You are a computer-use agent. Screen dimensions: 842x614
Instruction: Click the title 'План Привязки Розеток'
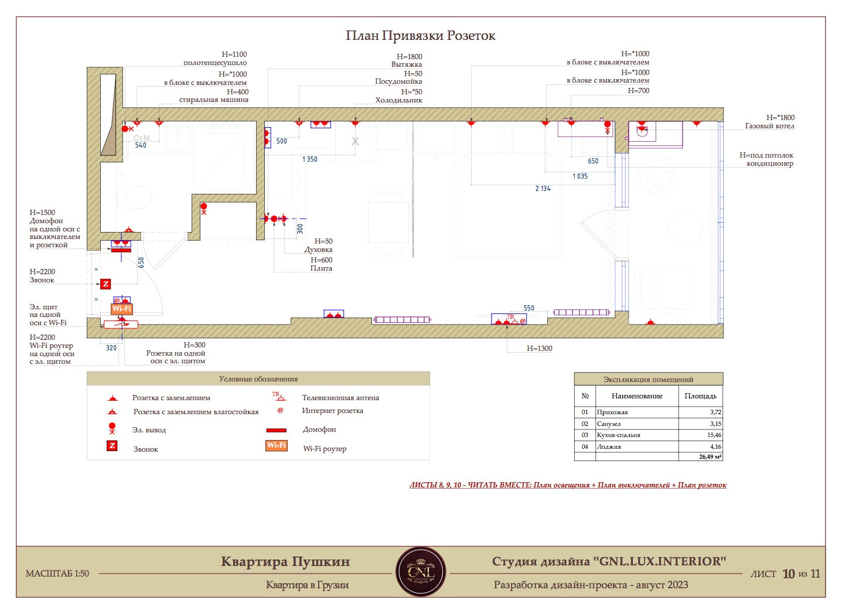click(x=420, y=36)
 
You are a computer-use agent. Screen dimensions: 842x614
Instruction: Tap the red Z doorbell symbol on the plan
click(x=105, y=284)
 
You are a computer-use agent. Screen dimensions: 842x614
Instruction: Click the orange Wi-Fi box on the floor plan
click(x=122, y=309)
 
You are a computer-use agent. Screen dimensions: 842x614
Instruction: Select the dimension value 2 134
click(x=543, y=189)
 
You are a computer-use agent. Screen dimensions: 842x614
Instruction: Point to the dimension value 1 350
click(x=310, y=159)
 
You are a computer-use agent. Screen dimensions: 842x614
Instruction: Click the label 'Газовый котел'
click(x=769, y=127)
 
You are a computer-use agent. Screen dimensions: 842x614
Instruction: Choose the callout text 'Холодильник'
click(x=398, y=100)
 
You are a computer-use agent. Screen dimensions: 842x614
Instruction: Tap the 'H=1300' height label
click(x=540, y=349)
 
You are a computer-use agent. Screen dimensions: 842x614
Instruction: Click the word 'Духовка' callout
click(x=318, y=250)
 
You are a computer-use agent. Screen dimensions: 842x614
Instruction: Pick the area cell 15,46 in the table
click(x=714, y=435)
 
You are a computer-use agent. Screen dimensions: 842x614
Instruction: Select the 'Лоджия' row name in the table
click(x=609, y=447)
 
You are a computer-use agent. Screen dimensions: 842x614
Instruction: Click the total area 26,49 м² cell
click(x=710, y=457)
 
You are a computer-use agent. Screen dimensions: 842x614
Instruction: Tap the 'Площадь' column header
click(x=700, y=396)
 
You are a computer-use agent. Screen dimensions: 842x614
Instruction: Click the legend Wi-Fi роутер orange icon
click(x=277, y=445)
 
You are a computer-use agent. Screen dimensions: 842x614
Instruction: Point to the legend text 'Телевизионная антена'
click(x=340, y=398)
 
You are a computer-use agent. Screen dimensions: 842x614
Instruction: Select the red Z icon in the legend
click(x=112, y=446)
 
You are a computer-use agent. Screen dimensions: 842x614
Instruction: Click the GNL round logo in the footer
click(x=421, y=572)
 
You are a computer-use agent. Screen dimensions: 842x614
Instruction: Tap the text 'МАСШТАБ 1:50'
click(x=57, y=574)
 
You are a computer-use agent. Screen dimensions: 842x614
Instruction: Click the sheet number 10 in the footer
click(x=789, y=574)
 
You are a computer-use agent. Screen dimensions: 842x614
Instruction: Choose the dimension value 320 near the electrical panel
click(x=111, y=348)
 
